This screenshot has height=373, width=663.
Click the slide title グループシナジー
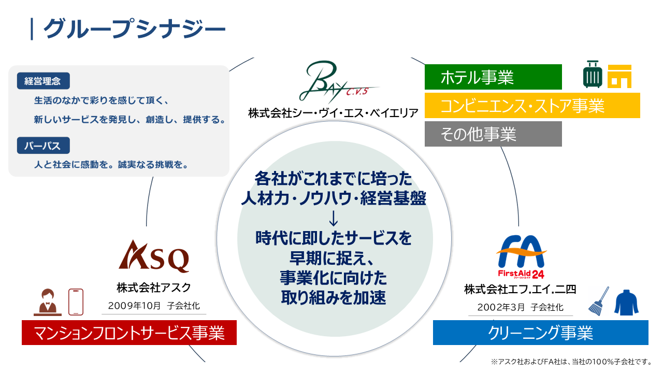click(x=134, y=28)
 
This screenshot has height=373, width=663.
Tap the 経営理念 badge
click(x=43, y=81)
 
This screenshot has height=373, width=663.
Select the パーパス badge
click(x=43, y=146)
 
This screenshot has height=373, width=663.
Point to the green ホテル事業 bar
click(x=493, y=77)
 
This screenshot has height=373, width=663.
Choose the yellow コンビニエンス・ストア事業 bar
click(x=532, y=105)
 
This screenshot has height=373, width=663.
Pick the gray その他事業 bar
click(x=493, y=134)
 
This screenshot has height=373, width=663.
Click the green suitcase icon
click(x=593, y=74)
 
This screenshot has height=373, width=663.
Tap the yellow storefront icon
click(x=619, y=76)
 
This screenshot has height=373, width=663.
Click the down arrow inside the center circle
click(x=334, y=218)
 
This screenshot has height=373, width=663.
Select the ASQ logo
click(x=154, y=256)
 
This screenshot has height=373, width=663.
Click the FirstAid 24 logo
click(x=522, y=257)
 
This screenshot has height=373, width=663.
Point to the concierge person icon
click(x=48, y=302)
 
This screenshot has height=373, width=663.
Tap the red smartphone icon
click(x=76, y=302)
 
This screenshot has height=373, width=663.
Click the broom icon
click(x=599, y=301)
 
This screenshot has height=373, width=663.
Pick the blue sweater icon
click(x=626, y=302)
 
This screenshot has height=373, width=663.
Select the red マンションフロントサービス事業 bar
click(x=129, y=333)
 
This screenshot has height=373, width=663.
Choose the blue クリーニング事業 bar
click(x=540, y=333)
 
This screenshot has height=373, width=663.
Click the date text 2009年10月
click(x=134, y=306)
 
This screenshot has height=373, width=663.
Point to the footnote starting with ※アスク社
click(x=571, y=362)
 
